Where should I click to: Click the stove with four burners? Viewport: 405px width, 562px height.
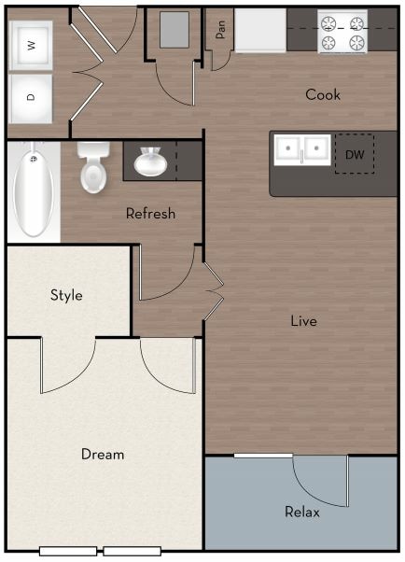tap(342, 31)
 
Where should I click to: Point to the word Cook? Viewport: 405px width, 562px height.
tap(323, 94)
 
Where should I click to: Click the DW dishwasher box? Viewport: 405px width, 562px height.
tap(355, 154)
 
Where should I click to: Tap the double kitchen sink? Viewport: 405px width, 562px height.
tap(301, 148)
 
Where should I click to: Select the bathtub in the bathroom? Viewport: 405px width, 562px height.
tap(33, 190)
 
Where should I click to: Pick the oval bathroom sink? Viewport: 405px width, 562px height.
tap(149, 163)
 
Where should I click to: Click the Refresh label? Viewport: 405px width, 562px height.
tap(150, 214)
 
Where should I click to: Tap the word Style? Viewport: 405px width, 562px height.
tap(66, 296)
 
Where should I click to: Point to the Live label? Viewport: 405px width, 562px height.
tap(303, 321)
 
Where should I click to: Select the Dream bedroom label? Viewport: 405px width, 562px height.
tap(103, 455)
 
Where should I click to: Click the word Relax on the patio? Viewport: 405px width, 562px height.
tap(302, 513)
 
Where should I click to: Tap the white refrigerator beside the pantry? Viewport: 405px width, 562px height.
tap(259, 30)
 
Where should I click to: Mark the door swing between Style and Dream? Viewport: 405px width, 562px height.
tap(71, 367)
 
